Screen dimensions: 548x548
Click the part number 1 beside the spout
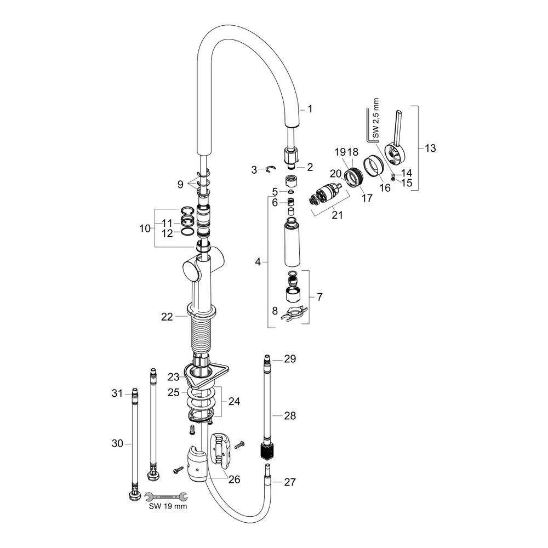(x=310, y=110)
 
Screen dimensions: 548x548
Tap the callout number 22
(x=167, y=316)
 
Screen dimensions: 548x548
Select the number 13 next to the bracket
(x=430, y=148)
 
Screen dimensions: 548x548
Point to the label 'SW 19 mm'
(x=168, y=507)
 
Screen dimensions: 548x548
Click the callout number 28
(x=290, y=416)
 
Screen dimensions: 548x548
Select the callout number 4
(x=258, y=262)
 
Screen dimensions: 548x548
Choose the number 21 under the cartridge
(x=337, y=215)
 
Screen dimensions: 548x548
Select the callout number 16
(x=385, y=188)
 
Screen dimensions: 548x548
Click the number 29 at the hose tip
(x=290, y=359)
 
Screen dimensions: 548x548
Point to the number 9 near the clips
(x=180, y=185)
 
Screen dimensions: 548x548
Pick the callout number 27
(x=290, y=483)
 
